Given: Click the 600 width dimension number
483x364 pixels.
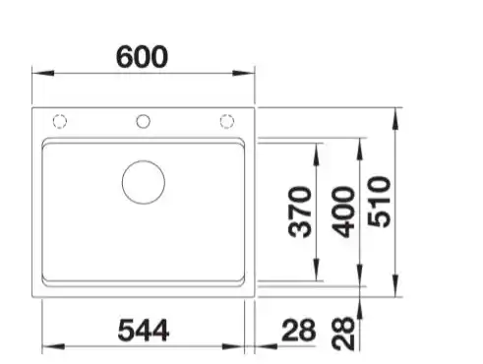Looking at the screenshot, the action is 143,57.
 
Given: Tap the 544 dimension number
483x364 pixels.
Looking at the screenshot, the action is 144,331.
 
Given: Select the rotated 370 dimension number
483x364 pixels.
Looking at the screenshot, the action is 300,212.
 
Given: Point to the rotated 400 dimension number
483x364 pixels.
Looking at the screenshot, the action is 343,212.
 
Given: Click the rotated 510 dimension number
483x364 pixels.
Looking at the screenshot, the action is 379,202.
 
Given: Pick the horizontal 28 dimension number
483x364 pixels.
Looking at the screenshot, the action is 299,331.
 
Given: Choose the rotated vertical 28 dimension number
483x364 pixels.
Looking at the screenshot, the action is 343,334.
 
